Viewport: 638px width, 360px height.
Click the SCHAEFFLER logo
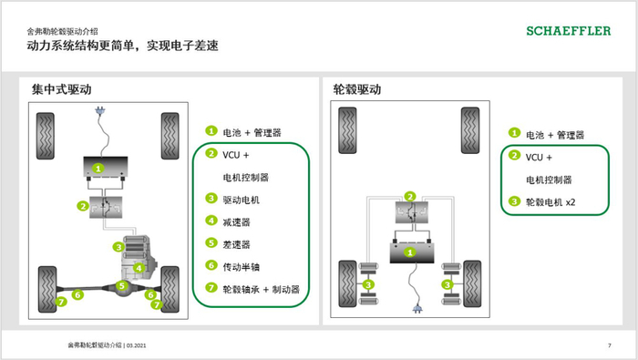click(x=569, y=31)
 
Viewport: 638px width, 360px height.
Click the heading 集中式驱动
click(x=61, y=89)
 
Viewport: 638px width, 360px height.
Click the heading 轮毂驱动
click(x=356, y=89)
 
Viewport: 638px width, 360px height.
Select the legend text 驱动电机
click(x=243, y=198)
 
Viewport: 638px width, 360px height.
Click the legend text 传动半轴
click(x=243, y=266)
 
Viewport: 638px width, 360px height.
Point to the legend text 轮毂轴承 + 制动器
click(x=262, y=289)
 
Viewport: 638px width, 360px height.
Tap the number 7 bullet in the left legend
click(x=211, y=288)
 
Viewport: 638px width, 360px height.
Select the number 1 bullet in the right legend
click(x=514, y=133)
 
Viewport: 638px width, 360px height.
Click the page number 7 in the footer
click(x=609, y=345)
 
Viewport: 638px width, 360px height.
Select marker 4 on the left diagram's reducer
click(x=138, y=267)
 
